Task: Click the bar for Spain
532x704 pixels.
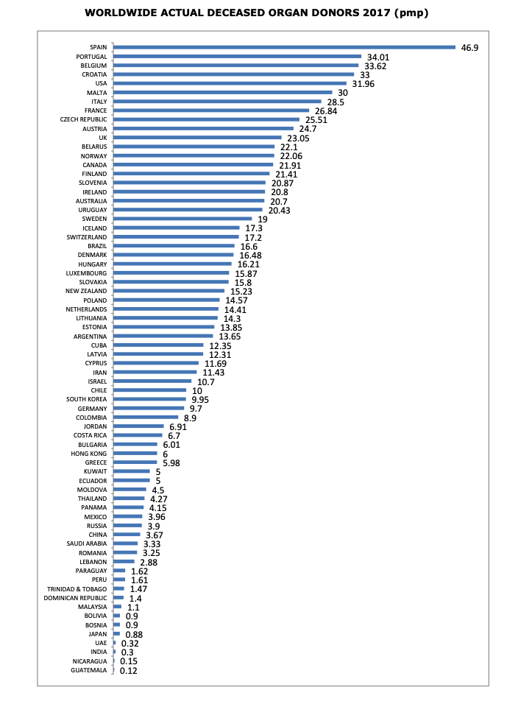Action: [x=285, y=47]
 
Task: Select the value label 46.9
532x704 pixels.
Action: [x=470, y=47]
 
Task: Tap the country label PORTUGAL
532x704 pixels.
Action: [x=92, y=57]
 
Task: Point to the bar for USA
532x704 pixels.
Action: [x=230, y=83]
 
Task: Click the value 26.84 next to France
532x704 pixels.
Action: [x=326, y=110]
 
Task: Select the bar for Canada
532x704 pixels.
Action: [x=193, y=165]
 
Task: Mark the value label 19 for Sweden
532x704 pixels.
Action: [x=263, y=219]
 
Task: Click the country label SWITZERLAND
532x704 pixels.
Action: [x=87, y=237]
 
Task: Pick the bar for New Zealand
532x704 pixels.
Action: [x=169, y=291]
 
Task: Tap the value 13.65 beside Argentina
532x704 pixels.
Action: [x=230, y=337]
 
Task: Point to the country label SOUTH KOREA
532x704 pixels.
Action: [x=87, y=399]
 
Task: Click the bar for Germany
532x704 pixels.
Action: [x=149, y=408]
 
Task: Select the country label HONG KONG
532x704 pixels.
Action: [x=89, y=454]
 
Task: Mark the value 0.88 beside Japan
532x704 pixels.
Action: [x=134, y=634]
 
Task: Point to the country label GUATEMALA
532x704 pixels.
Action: [x=89, y=670]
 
